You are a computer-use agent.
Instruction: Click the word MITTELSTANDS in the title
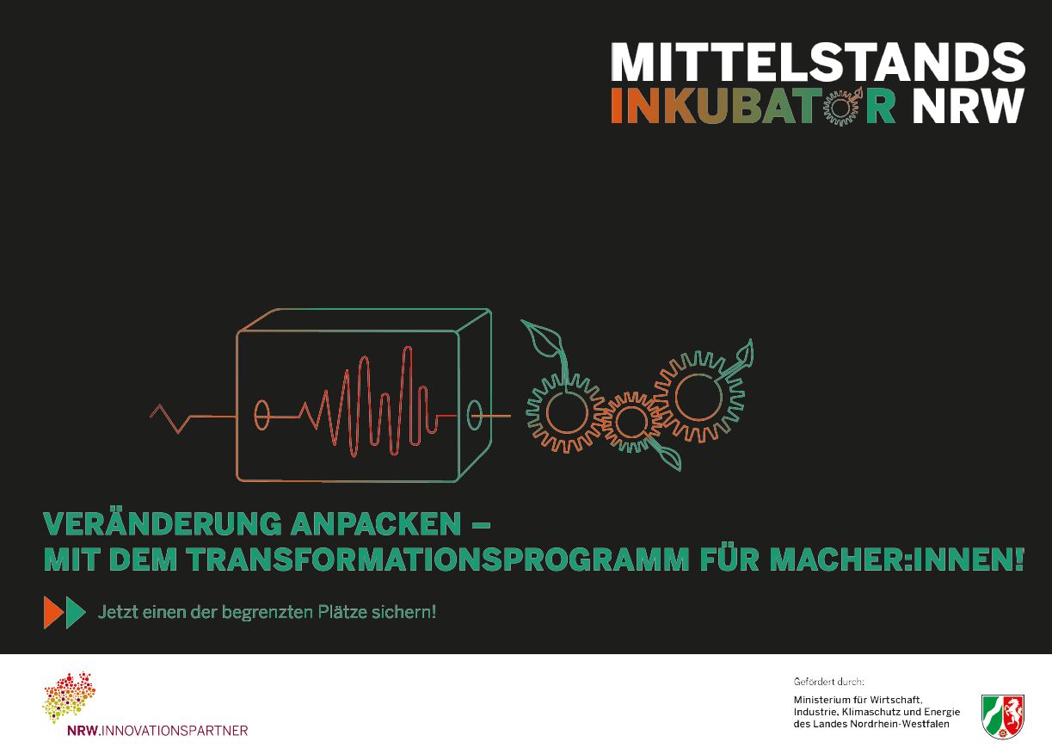coord(818,62)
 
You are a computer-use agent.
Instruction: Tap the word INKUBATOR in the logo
coord(753,106)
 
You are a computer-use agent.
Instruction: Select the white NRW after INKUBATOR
coord(968,106)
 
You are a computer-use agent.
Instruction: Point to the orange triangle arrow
coord(53,612)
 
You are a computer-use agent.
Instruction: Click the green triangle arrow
coord(75,612)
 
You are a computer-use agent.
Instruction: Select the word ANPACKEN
coord(376,524)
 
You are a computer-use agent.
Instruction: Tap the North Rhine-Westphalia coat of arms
coord(1003,716)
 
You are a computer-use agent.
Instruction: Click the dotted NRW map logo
coord(69,697)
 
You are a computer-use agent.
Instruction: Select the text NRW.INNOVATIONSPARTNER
coord(157,731)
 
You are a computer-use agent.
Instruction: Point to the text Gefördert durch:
coord(828,681)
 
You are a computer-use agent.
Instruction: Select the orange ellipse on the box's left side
coord(261,416)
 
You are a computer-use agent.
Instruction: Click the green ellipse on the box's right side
coord(475,414)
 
